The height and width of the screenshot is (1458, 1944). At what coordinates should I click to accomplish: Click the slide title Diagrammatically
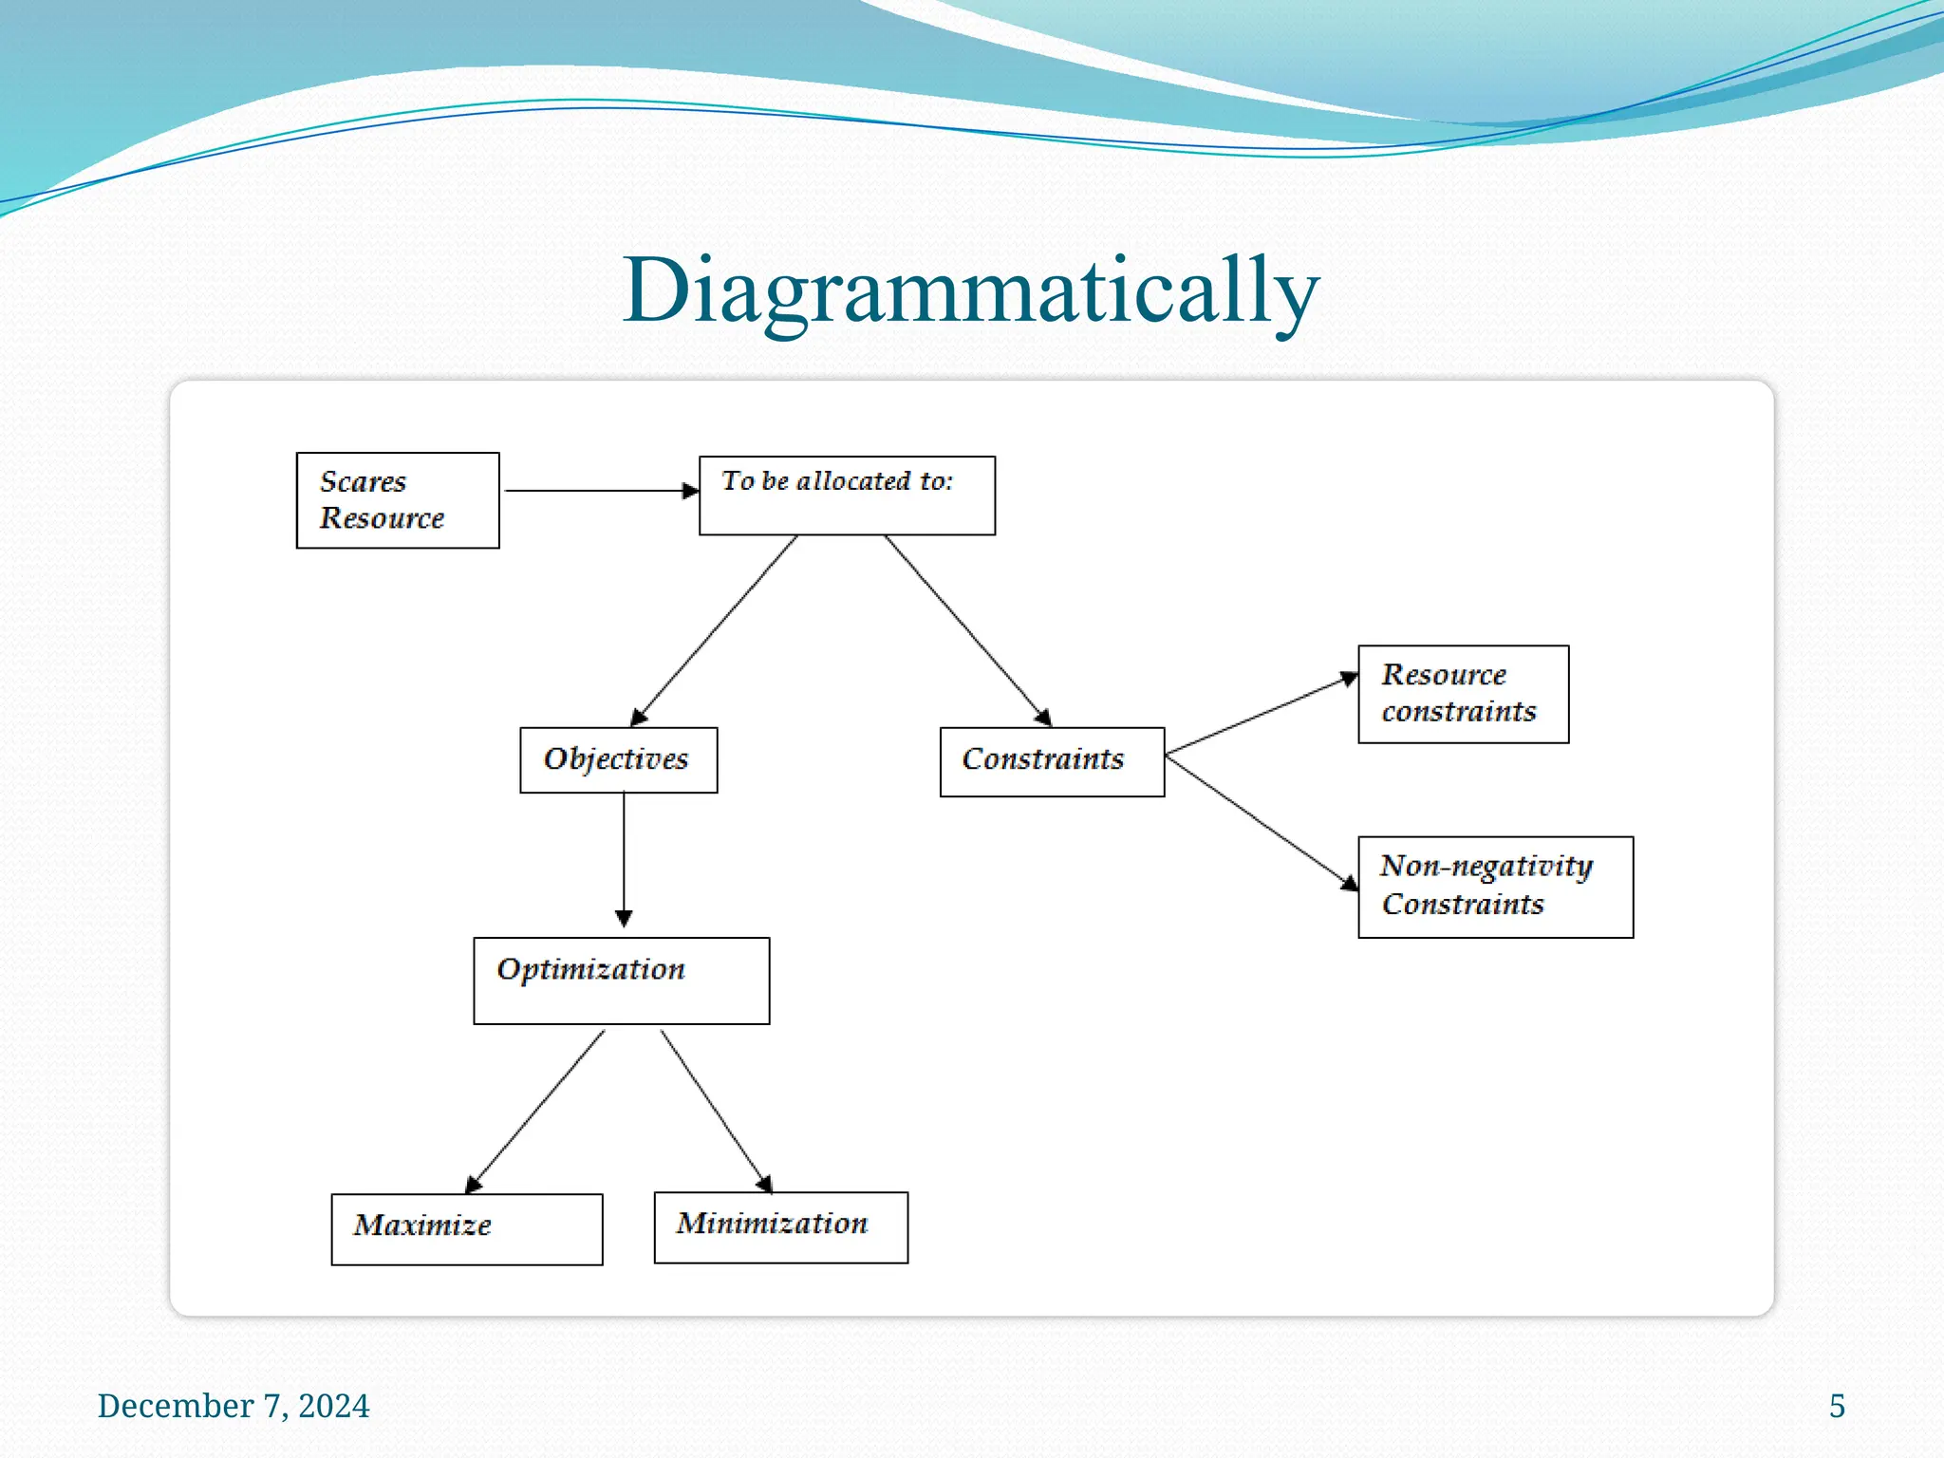[x=970, y=290]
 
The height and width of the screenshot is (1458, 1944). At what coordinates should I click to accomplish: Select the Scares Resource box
[x=398, y=500]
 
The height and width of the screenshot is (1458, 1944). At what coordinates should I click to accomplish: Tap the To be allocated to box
[x=847, y=495]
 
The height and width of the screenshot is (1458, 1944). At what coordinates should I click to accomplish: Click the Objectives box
[x=618, y=759]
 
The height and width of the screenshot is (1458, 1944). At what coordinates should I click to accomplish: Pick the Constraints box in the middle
[x=1051, y=761]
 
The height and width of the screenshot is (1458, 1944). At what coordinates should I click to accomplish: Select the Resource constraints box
[x=1463, y=694]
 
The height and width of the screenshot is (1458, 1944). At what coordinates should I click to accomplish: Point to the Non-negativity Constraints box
[x=1495, y=887]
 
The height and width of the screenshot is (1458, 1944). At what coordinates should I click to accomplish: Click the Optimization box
[x=621, y=981]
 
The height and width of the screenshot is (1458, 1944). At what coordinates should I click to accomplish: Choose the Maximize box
[x=466, y=1228]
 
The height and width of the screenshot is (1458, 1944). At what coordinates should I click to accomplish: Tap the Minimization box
[x=780, y=1226]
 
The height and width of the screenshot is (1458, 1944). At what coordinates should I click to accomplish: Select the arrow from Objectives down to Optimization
[x=624, y=858]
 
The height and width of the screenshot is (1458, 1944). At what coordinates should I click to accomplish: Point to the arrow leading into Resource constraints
[x=1261, y=715]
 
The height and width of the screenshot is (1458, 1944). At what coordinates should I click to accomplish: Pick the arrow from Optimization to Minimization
[x=716, y=1111]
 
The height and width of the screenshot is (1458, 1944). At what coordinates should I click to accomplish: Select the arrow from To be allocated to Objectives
[x=715, y=630]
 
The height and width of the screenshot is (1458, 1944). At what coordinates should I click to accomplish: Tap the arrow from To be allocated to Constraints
[x=967, y=630]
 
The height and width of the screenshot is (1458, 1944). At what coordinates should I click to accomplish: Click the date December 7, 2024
[x=234, y=1406]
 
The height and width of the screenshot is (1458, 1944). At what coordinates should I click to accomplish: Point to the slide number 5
[x=1837, y=1406]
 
